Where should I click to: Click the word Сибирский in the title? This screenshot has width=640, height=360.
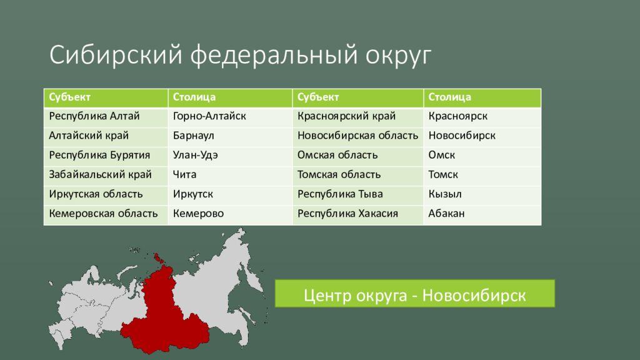point(116,55)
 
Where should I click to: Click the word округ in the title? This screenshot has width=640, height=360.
point(398,56)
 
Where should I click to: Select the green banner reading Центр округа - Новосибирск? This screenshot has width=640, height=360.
point(415,294)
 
